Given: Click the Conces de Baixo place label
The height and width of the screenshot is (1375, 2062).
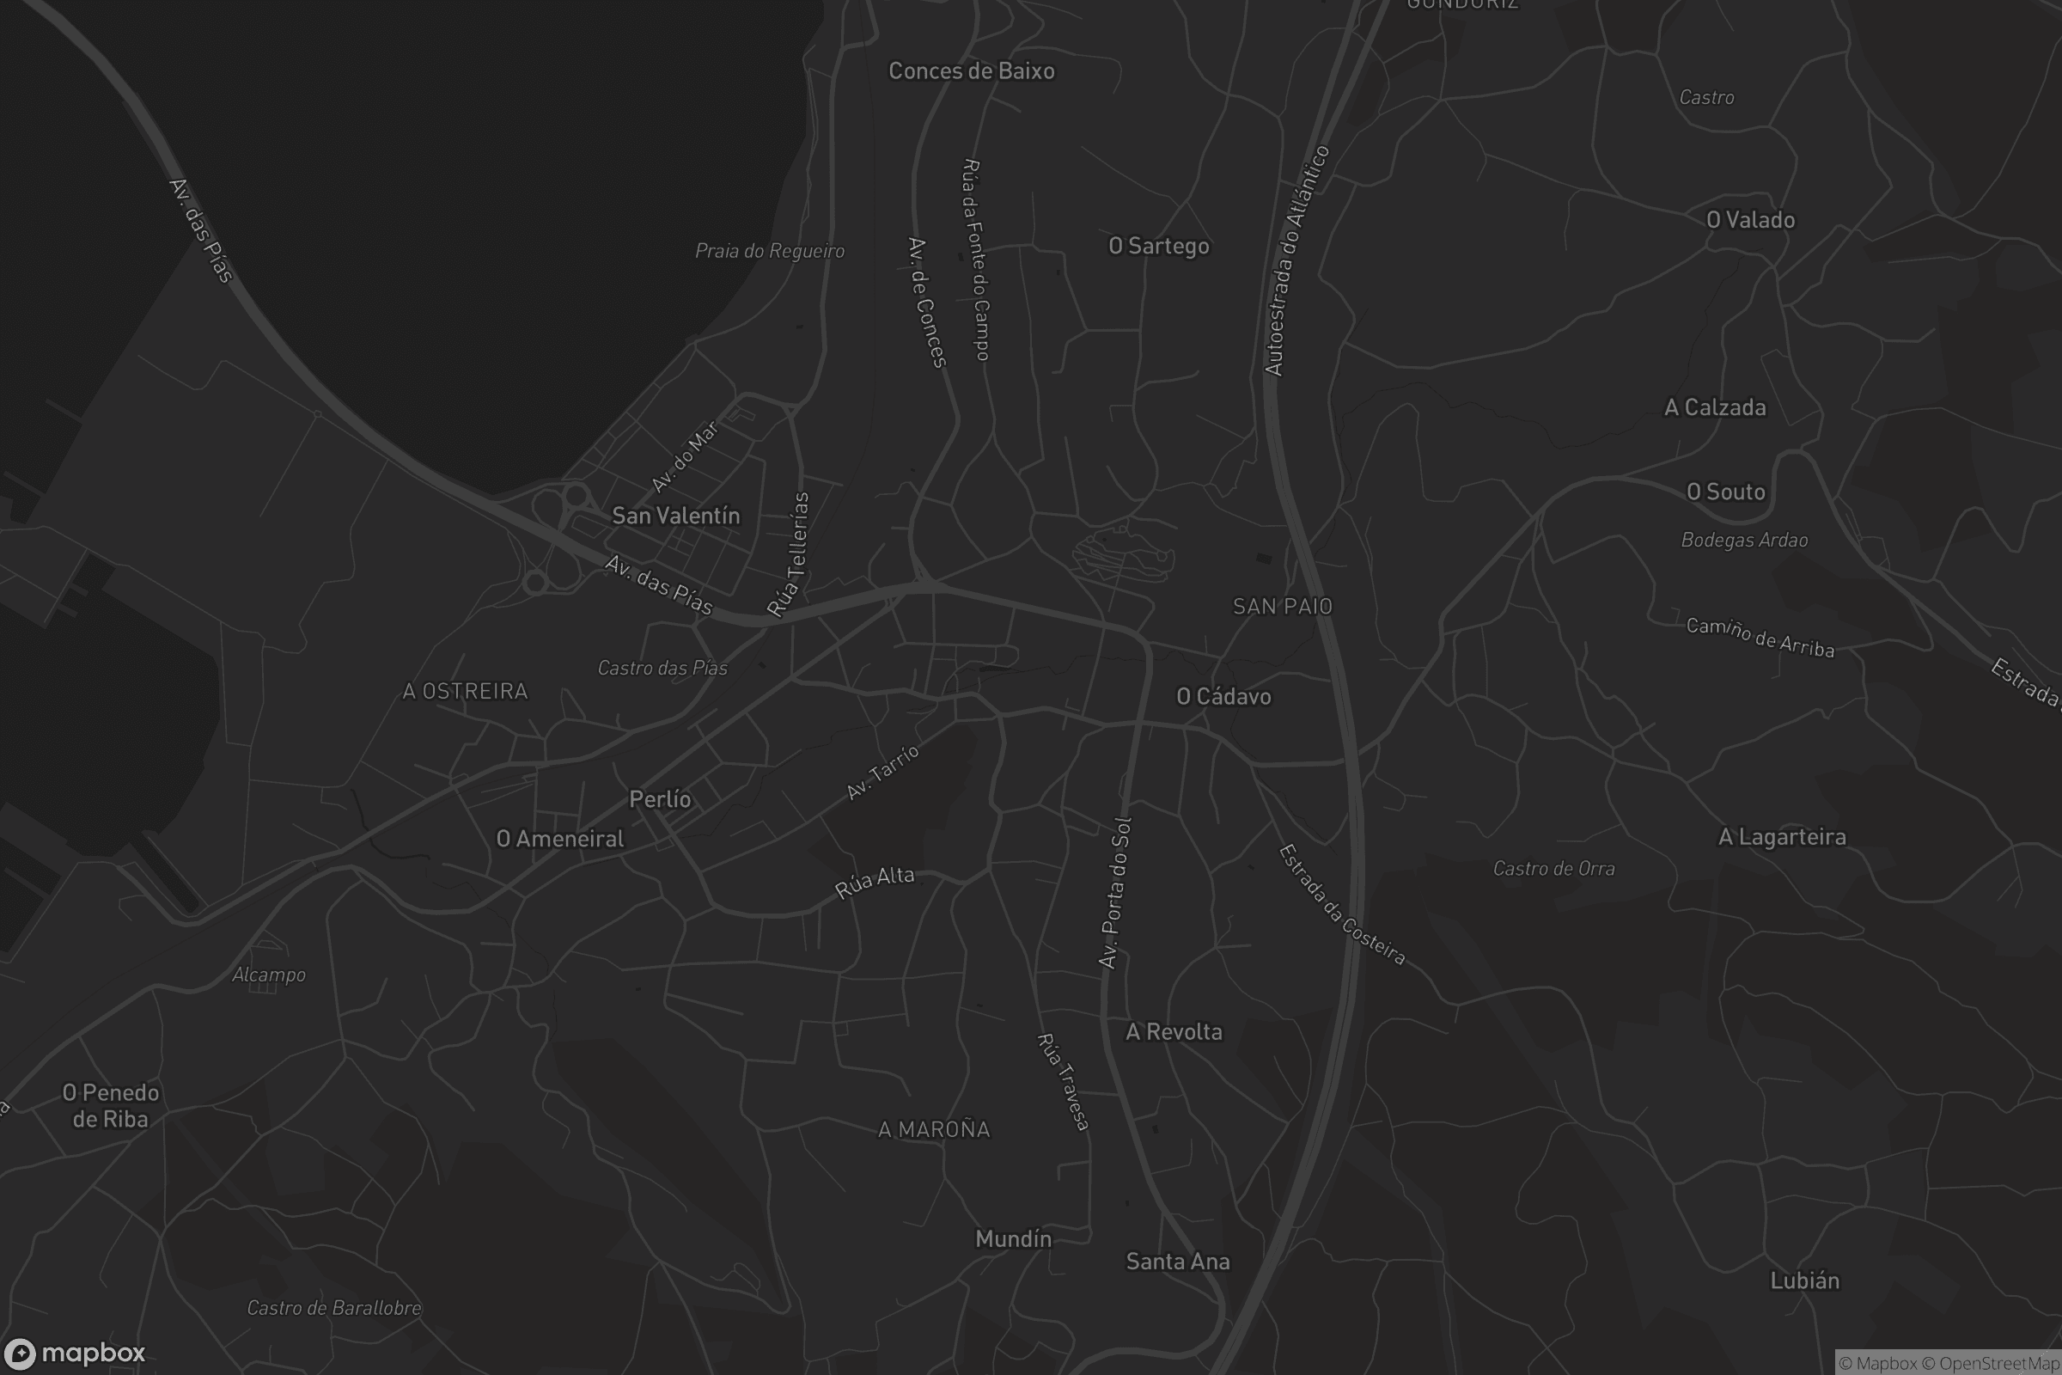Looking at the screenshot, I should tap(972, 71).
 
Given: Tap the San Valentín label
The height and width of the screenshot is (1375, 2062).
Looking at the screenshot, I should tap(676, 516).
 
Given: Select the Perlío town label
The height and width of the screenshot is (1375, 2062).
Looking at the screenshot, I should tap(660, 799).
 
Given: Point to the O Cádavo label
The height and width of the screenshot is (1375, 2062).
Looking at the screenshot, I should tap(1223, 696).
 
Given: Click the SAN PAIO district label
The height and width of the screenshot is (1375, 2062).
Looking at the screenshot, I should tap(1282, 606).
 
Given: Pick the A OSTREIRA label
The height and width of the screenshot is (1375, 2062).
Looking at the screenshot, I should tap(465, 691).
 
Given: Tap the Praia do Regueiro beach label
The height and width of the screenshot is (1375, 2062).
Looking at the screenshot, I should tap(770, 252).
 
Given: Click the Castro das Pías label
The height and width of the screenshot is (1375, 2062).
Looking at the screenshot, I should tap(662, 669).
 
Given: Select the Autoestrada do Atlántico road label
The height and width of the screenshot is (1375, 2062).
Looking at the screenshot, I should tap(1296, 261).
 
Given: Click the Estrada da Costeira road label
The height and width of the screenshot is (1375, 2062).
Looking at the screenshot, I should tap(1341, 905).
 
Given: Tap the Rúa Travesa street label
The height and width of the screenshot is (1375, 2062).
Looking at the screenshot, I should tap(1064, 1082).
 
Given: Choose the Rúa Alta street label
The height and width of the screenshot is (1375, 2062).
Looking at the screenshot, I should tap(874, 882).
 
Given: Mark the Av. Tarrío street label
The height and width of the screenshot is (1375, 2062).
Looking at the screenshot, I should tap(882, 772).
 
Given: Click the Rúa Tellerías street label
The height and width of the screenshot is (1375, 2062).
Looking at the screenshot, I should tap(788, 554).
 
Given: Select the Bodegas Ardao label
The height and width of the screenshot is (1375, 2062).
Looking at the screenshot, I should tap(1744, 541).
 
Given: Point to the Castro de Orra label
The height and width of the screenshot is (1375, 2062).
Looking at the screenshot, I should tap(1553, 869).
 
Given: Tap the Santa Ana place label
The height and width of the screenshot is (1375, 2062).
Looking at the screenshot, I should tap(1177, 1261).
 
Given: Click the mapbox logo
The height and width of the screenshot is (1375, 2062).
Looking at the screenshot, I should tap(74, 1353).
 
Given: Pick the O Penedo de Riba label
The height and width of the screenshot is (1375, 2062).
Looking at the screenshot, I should tap(111, 1106).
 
